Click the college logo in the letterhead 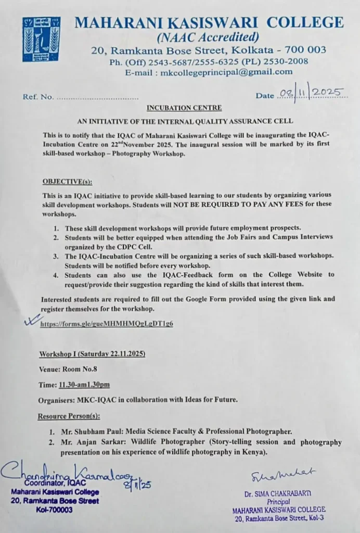click(x=41, y=39)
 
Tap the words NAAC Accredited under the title click(x=208, y=36)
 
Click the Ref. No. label click(x=38, y=97)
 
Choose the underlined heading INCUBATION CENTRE click(x=184, y=108)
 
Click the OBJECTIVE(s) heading click(x=65, y=181)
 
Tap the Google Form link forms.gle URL click(x=107, y=323)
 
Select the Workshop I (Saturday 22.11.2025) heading click(x=92, y=354)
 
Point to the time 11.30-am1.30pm click(x=84, y=385)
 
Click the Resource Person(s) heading click(x=69, y=416)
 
